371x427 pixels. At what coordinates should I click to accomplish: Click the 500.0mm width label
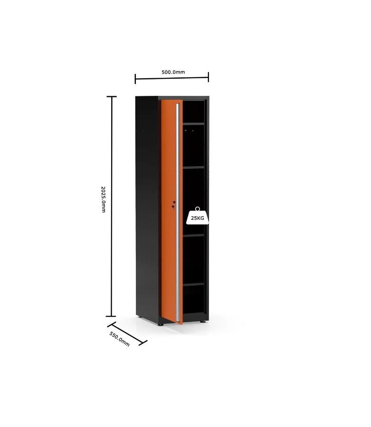[173, 72]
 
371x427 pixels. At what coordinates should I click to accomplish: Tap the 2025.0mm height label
[103, 199]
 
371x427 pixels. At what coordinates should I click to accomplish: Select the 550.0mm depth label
[119, 339]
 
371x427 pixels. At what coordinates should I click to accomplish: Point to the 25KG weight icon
[198, 216]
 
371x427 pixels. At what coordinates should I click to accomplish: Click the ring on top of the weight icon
[198, 209]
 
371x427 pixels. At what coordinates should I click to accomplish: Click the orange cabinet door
[169, 210]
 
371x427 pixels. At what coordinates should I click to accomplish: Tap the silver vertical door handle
[178, 213]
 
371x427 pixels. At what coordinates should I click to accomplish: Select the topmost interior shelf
[193, 124]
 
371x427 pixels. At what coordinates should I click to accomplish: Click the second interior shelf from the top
[193, 167]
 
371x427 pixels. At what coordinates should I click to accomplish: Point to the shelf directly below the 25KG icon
[193, 235]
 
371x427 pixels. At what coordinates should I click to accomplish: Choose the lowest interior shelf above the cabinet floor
[193, 284]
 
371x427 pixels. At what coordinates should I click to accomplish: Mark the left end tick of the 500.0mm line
[135, 79]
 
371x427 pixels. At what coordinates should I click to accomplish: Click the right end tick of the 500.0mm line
[209, 77]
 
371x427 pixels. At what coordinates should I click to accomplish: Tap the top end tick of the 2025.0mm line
[112, 96]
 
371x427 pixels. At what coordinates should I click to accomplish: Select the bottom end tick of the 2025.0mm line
[111, 316]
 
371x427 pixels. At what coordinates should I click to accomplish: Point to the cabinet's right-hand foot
[202, 322]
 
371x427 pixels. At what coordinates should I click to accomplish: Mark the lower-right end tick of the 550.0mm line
[143, 343]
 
